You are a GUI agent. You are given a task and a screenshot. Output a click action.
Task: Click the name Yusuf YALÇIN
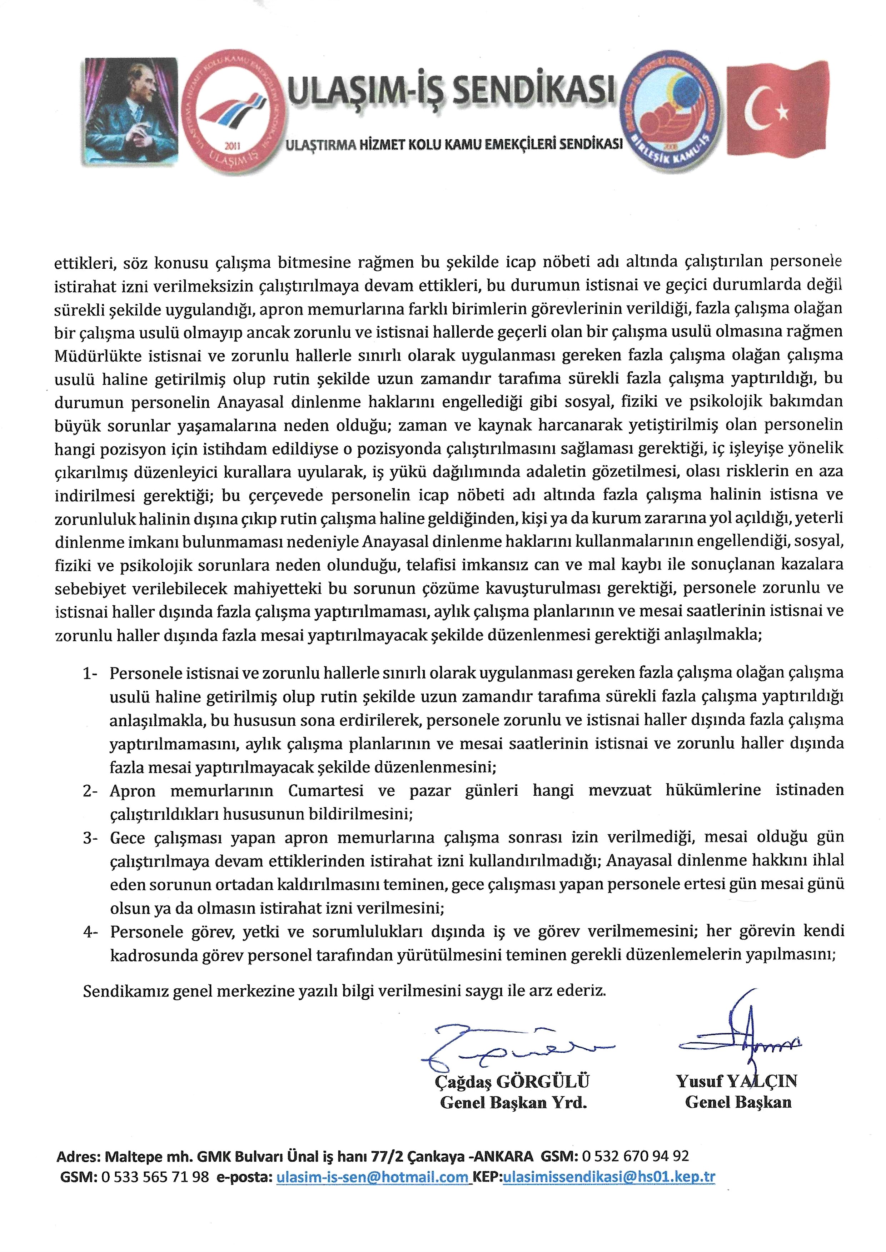(x=737, y=1081)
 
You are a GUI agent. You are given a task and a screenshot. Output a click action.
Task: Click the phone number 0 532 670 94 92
(x=636, y=1156)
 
